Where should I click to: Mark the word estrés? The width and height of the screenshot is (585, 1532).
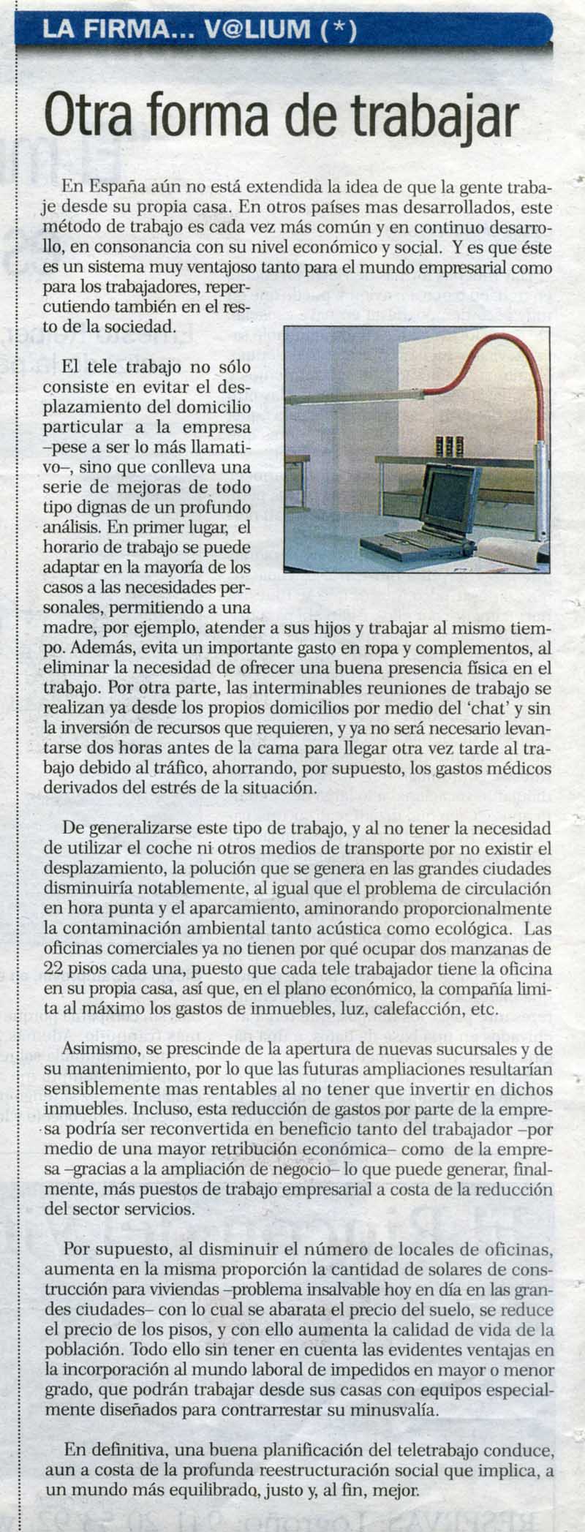[x=224, y=788]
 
